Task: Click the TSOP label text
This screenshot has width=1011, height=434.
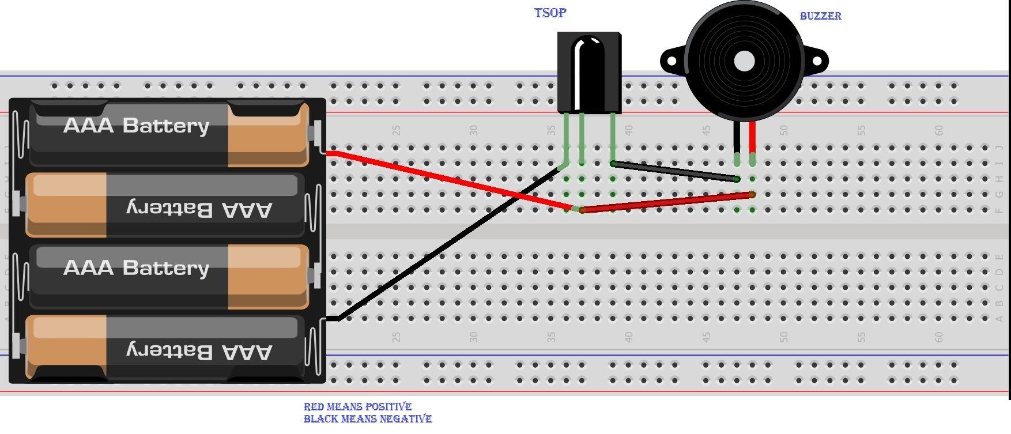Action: coord(550,13)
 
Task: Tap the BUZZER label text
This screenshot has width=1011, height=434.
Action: coord(820,16)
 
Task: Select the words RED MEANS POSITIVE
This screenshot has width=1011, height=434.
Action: coord(357,406)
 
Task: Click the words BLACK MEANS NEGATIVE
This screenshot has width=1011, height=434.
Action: coord(367,419)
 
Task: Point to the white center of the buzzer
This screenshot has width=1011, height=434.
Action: coord(744,61)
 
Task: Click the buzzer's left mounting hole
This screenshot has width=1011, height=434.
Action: coord(671,61)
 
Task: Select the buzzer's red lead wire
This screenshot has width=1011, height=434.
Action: coord(752,137)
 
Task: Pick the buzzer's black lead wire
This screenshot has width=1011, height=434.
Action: coord(737,137)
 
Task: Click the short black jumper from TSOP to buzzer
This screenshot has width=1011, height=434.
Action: coord(674,172)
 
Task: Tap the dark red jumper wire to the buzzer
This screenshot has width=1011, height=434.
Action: coord(669,202)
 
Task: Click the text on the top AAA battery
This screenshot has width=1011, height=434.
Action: coord(136,126)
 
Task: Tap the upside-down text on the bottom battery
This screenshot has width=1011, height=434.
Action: coord(199,350)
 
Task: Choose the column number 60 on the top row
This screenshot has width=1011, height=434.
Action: coord(939,131)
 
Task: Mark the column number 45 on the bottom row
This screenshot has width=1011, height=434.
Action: coord(706,337)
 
